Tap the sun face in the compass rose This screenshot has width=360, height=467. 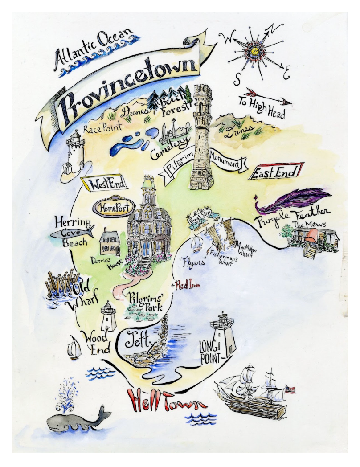pyautogui.click(x=255, y=51)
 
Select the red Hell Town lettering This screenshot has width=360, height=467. pyautogui.click(x=167, y=401)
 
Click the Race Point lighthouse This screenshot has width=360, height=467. pyautogui.click(x=74, y=152)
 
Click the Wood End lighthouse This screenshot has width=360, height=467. pyautogui.click(x=108, y=316)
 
